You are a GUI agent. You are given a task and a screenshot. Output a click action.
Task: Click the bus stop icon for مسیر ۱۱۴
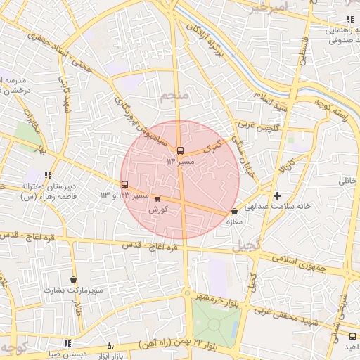181,150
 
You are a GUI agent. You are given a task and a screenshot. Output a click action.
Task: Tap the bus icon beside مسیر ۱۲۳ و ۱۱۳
125,184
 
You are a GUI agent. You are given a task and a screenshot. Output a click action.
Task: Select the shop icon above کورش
157,199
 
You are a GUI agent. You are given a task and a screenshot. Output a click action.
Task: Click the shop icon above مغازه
234,211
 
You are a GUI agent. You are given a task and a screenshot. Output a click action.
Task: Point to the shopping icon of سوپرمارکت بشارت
73,279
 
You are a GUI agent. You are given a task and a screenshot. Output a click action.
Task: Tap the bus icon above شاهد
351,336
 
